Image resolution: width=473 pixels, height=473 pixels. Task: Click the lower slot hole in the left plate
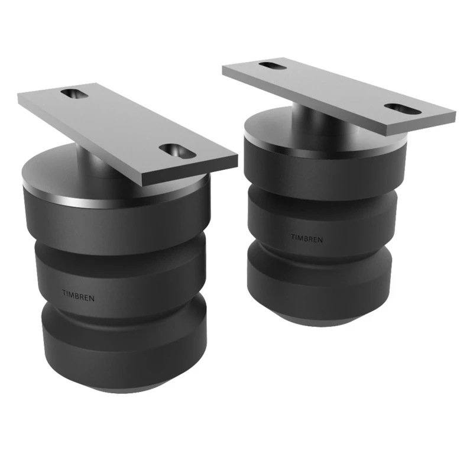click(176, 151)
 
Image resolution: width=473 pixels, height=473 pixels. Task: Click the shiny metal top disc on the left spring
click(53, 177)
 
